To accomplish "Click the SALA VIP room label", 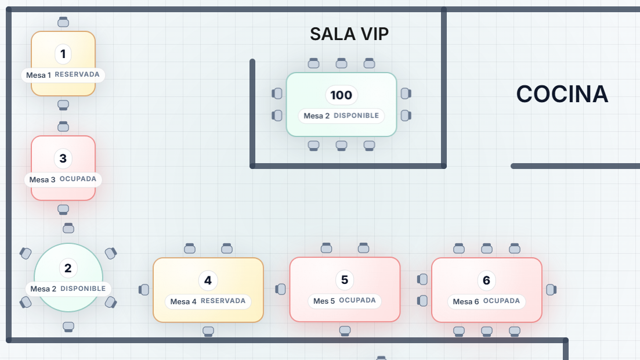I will click(x=349, y=34).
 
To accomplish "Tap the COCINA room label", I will click(x=562, y=94).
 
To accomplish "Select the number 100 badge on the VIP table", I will click(x=341, y=95).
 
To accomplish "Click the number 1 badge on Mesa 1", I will click(x=63, y=55).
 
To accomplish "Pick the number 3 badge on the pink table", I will click(x=63, y=159).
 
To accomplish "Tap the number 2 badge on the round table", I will click(x=68, y=268).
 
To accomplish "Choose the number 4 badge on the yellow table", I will click(x=208, y=281).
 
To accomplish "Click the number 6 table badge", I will click(x=486, y=281).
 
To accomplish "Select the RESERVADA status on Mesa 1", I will click(x=77, y=75).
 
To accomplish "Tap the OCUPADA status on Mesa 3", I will click(x=78, y=179).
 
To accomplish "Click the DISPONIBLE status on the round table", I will click(x=83, y=289).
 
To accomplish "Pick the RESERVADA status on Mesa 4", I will click(x=223, y=301).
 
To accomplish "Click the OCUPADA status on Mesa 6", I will click(x=501, y=301).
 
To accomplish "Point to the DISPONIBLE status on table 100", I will click(x=356, y=116).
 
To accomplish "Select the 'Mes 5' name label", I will click(x=324, y=301).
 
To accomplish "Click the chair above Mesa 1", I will click(x=63, y=23).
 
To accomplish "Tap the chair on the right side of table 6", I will click(x=551, y=289).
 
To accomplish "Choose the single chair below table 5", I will click(x=345, y=331).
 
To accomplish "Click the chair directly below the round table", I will click(x=68, y=326).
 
